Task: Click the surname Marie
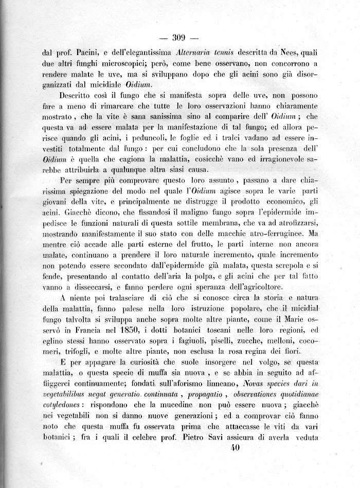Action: tap(280, 319)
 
